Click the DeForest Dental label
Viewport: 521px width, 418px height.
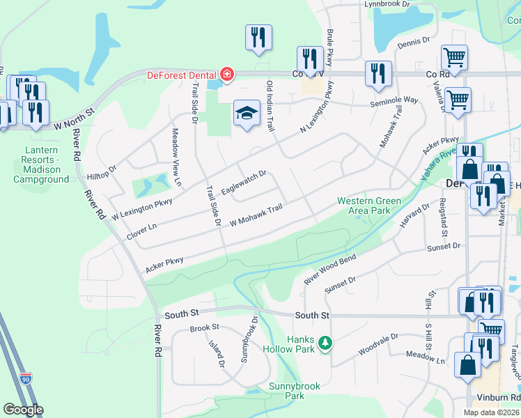click(180, 75)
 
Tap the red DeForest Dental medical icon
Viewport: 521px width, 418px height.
click(226, 74)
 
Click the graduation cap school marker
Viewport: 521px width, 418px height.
click(247, 114)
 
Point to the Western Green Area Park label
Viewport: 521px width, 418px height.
click(369, 206)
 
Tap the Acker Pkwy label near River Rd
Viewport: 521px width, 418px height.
click(164, 264)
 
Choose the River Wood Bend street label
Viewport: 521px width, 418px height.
click(329, 270)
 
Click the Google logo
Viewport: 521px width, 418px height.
click(23, 410)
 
